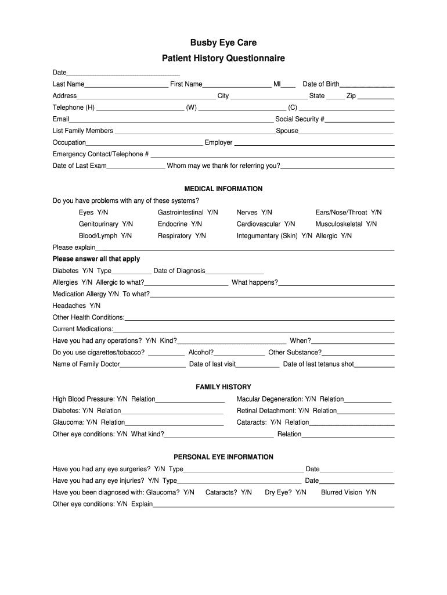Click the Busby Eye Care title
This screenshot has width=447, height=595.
[x=223, y=43]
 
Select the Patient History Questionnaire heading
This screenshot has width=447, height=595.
[x=223, y=59]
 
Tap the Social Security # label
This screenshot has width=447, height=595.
[x=300, y=119]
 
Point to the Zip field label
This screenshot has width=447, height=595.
[x=351, y=96]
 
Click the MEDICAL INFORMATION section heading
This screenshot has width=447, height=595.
[x=223, y=189]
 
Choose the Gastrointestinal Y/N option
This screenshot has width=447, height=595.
[x=188, y=213]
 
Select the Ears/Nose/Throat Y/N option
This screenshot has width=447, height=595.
[x=348, y=213]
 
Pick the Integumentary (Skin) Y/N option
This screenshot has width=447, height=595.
[x=274, y=236]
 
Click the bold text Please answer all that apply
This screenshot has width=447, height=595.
[x=96, y=259]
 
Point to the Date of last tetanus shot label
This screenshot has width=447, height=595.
[x=318, y=364]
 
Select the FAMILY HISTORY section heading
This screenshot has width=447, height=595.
[x=223, y=387]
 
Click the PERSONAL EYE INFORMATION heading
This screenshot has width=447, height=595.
[x=223, y=457]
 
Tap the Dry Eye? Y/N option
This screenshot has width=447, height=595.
[x=286, y=492]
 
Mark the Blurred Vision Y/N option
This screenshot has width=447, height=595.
[x=348, y=492]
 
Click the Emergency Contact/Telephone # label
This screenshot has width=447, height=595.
[x=100, y=154]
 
